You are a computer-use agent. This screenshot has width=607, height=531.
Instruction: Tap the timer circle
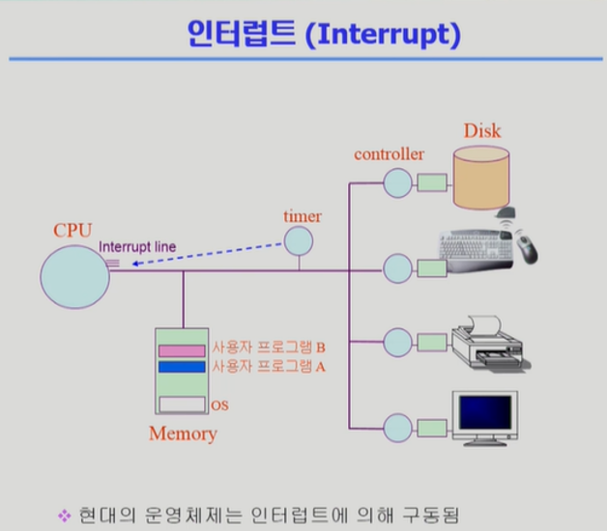299,239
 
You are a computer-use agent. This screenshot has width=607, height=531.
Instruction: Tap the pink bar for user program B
183,349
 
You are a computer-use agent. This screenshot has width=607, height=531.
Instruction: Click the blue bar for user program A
183,367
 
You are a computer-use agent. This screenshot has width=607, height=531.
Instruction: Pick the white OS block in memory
183,405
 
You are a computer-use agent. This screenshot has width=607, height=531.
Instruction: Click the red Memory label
183,433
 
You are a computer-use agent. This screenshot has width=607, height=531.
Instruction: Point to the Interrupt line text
137,247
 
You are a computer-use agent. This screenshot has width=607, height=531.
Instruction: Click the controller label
389,154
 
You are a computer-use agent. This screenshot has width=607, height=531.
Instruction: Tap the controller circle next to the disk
396,182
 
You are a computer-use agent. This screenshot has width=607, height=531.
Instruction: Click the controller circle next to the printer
396,343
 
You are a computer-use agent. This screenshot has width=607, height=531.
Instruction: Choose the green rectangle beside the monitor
431,426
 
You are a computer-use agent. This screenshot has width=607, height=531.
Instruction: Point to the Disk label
482,130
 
